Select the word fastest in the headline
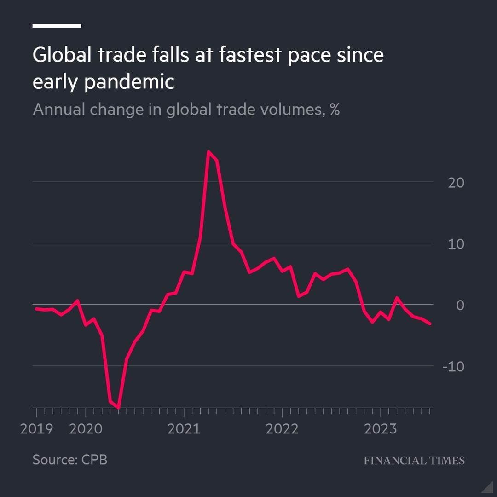pyautogui.click(x=250, y=55)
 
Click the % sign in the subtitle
pyautogui.click(x=335, y=110)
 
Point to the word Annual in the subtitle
pyautogui.click(x=59, y=110)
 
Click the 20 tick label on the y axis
pyautogui.click(x=456, y=183)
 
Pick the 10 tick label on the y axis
pyautogui.click(x=456, y=244)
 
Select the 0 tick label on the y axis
pyautogui.click(x=460, y=305)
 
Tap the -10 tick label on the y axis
pyautogui.click(x=453, y=367)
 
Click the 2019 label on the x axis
pyautogui.click(x=36, y=429)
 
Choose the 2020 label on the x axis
pyautogui.click(x=86, y=429)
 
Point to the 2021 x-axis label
pyautogui.click(x=184, y=429)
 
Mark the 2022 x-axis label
pyautogui.click(x=282, y=429)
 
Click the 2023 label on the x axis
pyautogui.click(x=380, y=429)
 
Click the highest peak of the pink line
pyautogui.click(x=208, y=151)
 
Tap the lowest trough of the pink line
pyautogui.click(x=119, y=407)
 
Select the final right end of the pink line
pyautogui.click(x=430, y=324)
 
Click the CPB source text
pyautogui.click(x=94, y=459)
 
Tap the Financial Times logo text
pyautogui.click(x=414, y=460)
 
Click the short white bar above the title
pyautogui.click(x=57, y=26)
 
